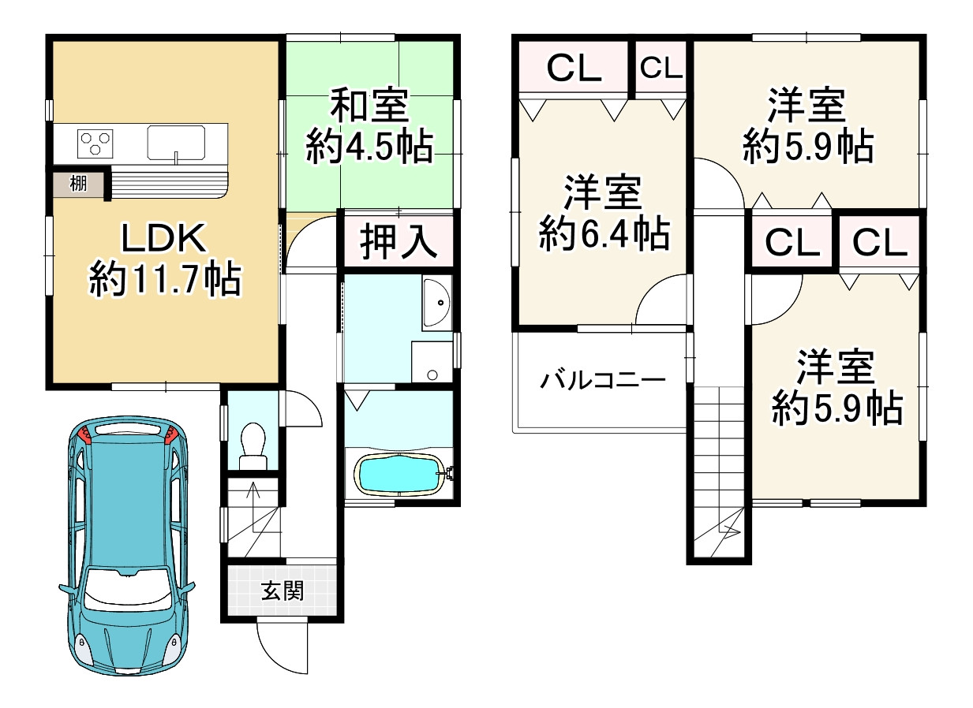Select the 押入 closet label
(x=399, y=241)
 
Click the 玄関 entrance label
(x=282, y=591)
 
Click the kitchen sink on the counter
(x=176, y=143)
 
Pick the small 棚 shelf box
(x=78, y=185)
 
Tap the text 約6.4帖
(x=604, y=234)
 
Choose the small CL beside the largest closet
(x=661, y=69)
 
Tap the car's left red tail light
(x=85, y=433)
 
